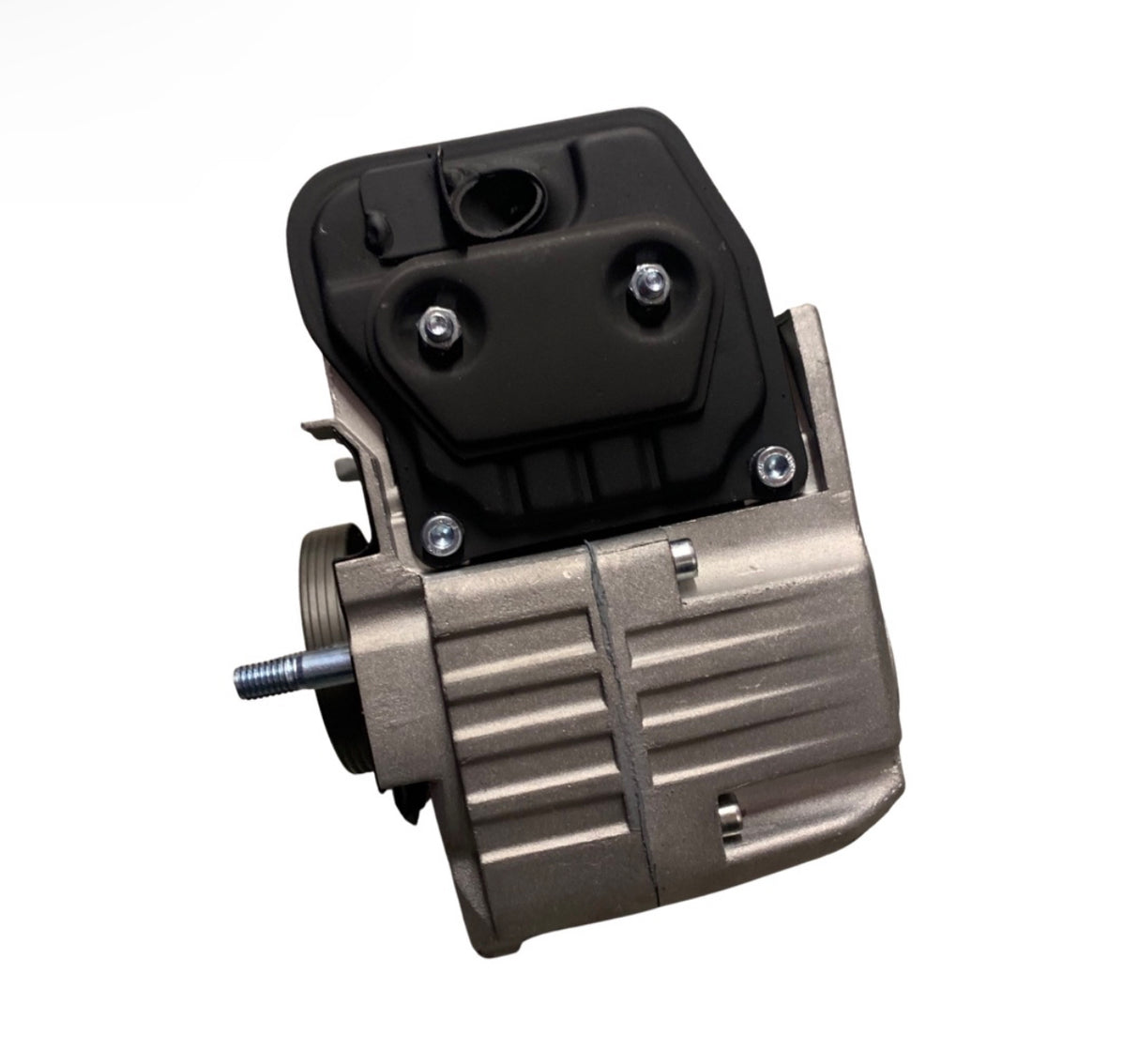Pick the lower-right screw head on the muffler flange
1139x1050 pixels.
pyautogui.click(x=773, y=460)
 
